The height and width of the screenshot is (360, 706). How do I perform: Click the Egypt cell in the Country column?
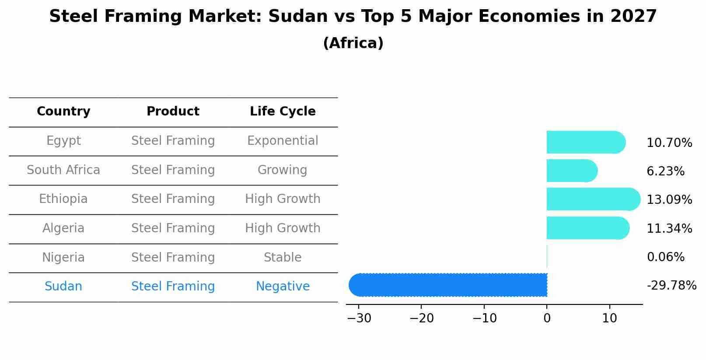(63, 141)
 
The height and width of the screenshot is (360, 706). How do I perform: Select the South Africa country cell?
(63, 170)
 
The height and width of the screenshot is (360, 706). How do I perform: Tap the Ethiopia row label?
(63, 199)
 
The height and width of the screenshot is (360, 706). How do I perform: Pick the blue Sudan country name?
(63, 287)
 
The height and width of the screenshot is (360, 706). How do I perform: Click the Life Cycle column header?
(283, 112)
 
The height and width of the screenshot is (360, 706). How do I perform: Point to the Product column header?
(173, 112)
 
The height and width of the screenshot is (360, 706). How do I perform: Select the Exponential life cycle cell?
(283, 141)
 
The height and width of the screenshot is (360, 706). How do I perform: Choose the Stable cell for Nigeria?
(283, 258)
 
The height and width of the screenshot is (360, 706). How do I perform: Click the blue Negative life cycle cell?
(283, 287)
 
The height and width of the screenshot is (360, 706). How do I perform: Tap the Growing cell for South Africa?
(283, 170)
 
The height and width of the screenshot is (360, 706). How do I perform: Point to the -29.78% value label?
(671, 286)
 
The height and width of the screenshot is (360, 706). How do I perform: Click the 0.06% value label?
(665, 257)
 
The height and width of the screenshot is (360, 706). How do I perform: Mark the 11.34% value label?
(669, 229)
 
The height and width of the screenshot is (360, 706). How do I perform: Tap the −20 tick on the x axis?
(421, 318)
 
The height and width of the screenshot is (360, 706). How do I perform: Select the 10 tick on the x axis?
(609, 318)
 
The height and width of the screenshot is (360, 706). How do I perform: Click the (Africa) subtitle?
(353, 43)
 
